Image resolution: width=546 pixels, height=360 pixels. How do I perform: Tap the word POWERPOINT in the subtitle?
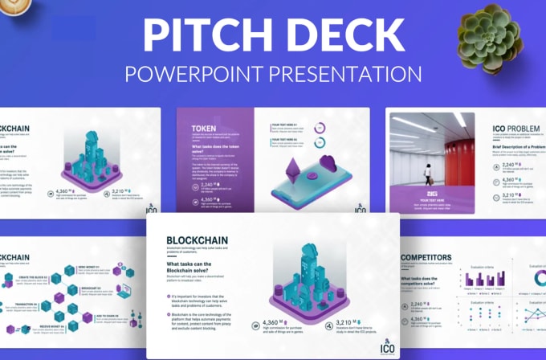(x=192, y=74)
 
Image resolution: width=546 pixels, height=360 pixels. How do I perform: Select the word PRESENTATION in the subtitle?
(x=344, y=74)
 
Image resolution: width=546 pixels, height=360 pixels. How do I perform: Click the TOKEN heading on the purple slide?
(x=203, y=128)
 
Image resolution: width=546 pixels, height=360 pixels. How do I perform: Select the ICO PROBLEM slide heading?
(x=520, y=129)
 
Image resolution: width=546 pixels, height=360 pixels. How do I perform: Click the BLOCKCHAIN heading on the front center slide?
(x=197, y=239)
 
